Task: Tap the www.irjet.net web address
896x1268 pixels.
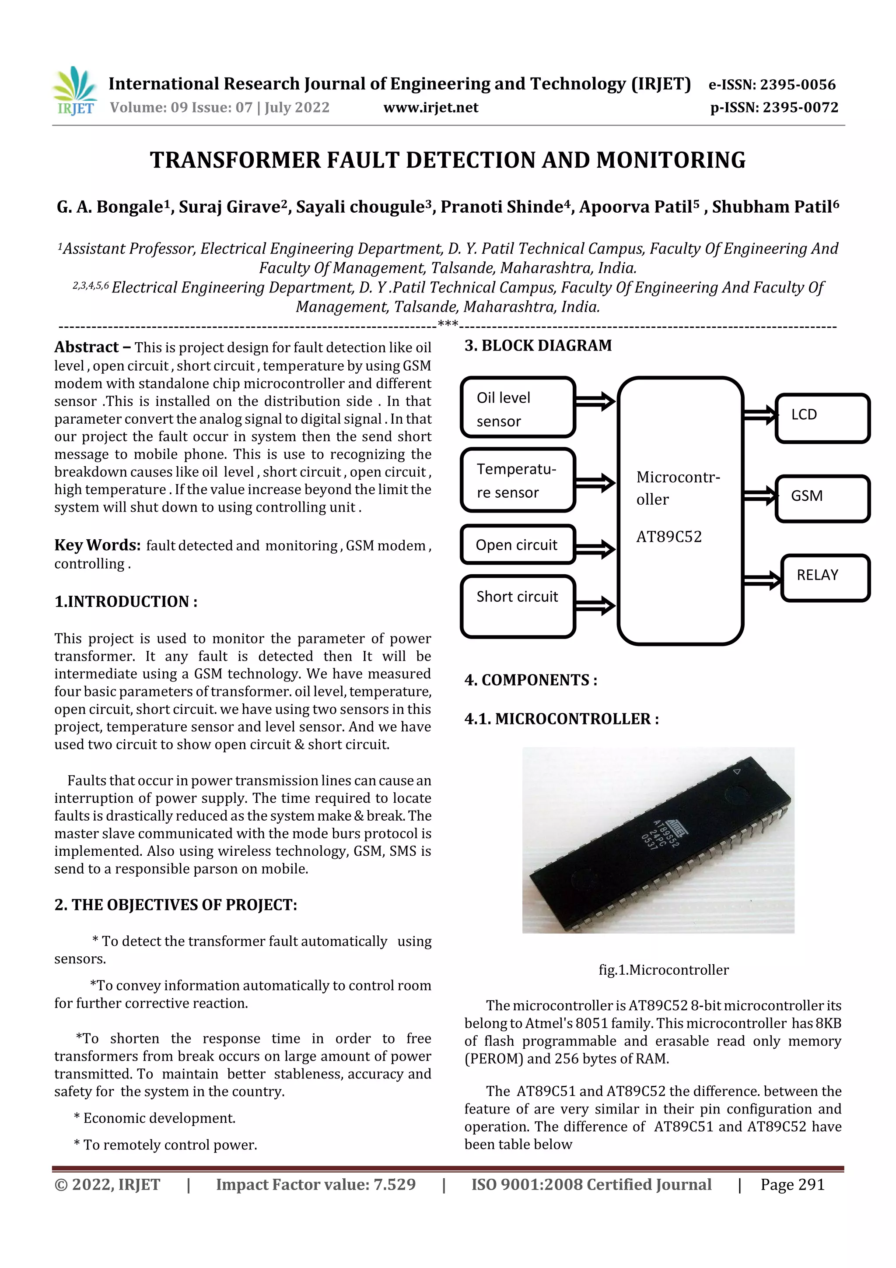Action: [x=430, y=108]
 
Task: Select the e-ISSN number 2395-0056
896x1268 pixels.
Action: [x=772, y=84]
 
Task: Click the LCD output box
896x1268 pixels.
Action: [x=822, y=418]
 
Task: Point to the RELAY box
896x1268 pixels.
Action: [x=825, y=578]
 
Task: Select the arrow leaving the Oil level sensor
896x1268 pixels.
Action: [x=595, y=401]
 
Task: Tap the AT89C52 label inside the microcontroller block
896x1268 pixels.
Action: [x=668, y=537]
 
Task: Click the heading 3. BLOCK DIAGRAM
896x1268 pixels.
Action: [x=538, y=346]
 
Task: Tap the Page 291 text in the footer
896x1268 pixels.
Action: [x=792, y=1184]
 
